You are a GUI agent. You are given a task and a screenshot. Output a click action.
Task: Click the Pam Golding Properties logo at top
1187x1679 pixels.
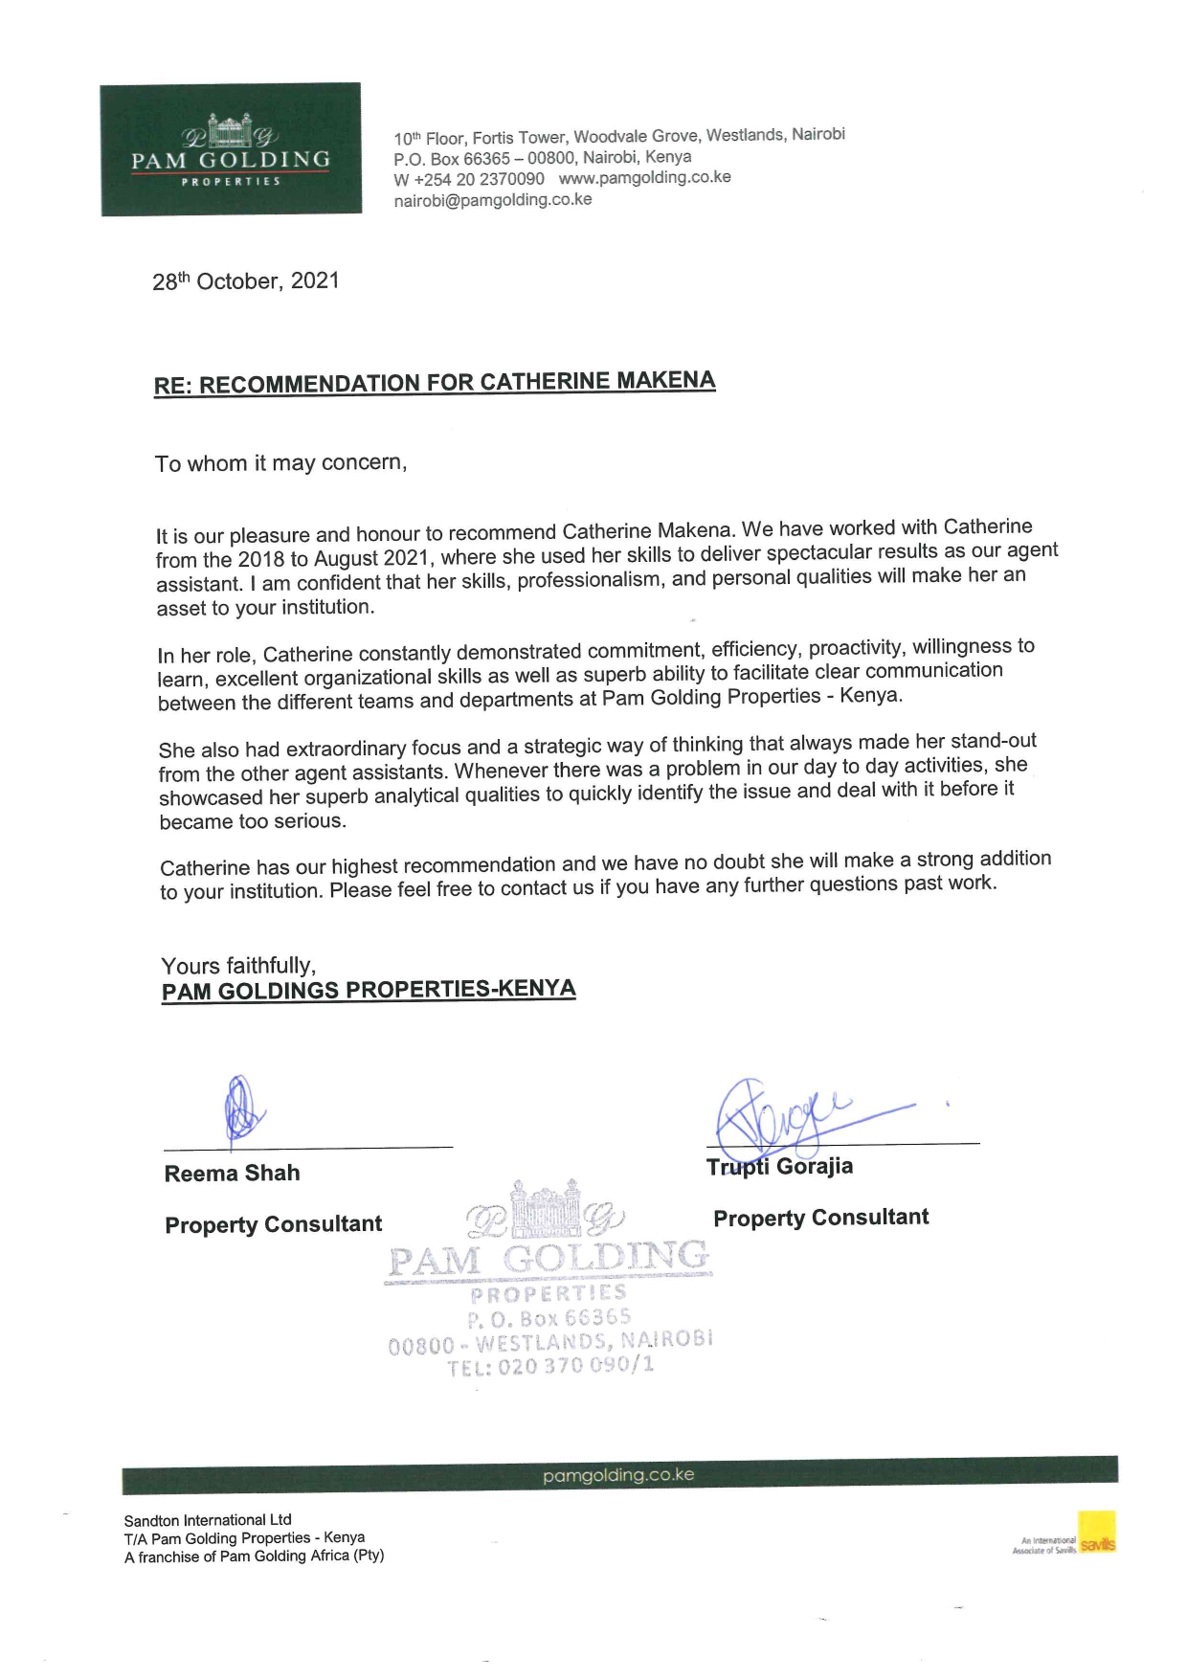231,149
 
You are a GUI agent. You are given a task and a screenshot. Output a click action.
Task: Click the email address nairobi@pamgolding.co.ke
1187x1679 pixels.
493,200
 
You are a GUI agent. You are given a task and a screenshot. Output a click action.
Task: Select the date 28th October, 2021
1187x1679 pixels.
246,281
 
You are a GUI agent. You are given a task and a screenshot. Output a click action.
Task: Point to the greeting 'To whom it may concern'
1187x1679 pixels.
280,463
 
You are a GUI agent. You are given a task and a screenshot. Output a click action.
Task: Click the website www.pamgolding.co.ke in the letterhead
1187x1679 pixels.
644,177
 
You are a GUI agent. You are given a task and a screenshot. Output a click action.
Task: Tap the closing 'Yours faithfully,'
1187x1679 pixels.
238,965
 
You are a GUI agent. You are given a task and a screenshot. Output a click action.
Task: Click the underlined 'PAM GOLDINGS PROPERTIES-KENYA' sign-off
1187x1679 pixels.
369,990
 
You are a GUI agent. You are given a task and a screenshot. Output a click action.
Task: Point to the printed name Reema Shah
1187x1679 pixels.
232,1174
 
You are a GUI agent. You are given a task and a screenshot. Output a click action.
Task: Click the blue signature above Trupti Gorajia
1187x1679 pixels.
785,1115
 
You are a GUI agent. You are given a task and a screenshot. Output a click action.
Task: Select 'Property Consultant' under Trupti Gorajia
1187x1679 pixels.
820,1218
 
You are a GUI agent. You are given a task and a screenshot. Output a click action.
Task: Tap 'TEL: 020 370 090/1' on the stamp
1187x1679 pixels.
551,1366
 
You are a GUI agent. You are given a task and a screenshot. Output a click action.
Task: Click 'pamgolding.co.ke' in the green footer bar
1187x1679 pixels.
618,1475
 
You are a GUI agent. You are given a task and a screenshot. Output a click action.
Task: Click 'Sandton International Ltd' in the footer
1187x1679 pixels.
208,1520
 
